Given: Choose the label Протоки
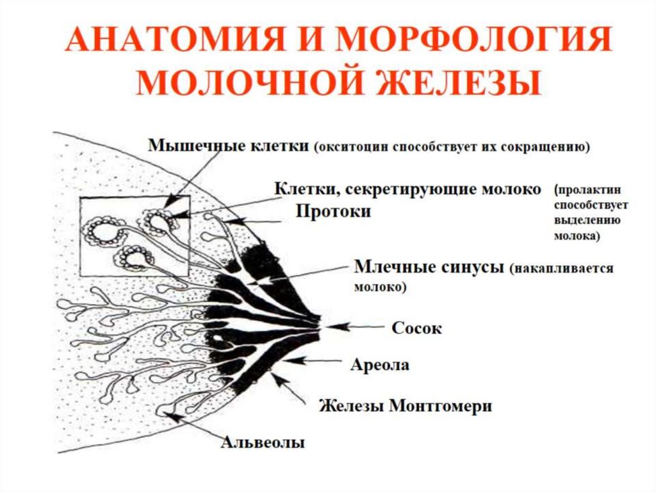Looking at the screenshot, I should [x=333, y=212].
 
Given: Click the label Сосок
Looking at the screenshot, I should [x=416, y=328].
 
